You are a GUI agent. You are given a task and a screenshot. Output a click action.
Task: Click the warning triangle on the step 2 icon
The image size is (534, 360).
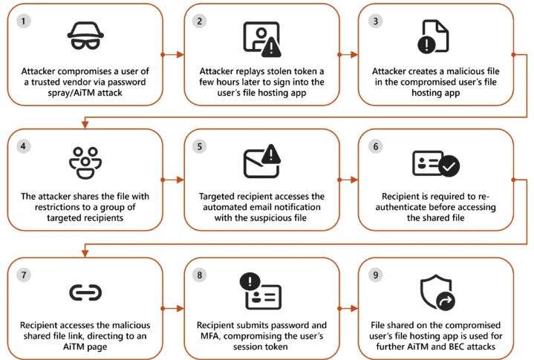273,47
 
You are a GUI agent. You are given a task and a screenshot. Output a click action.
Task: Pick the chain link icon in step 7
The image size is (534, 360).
85,292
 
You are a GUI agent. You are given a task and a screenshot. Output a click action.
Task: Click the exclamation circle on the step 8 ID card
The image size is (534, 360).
249,281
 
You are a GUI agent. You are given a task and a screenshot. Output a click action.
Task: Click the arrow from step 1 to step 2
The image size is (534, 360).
173,54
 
